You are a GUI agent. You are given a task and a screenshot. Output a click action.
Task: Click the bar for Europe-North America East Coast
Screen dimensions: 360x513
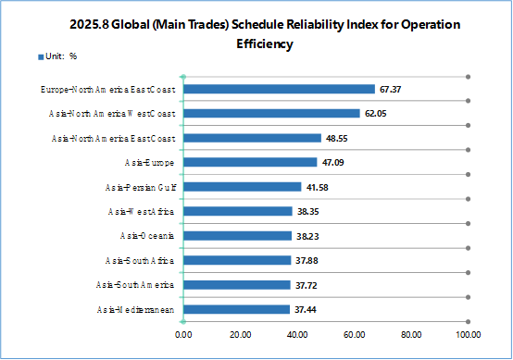pyautogui.click(x=279, y=89)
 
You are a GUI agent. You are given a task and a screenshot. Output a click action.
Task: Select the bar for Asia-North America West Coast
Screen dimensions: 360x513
pyautogui.click(x=271, y=113)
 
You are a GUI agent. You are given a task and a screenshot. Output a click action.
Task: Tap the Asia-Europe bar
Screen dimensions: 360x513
pyautogui.click(x=250, y=162)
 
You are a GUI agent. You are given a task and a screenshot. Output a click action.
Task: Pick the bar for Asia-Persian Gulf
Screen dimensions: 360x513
pyautogui.click(x=243, y=186)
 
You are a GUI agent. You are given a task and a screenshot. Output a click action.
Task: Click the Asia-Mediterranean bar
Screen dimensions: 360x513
pyautogui.click(x=236, y=308)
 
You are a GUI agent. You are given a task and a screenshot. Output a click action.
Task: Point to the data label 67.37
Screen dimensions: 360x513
pyautogui.click(x=393, y=89)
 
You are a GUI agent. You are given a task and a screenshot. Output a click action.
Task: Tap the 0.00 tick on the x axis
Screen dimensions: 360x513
pyautogui.click(x=183, y=333)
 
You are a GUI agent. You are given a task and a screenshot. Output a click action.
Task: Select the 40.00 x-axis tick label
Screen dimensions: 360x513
pyautogui.click(x=297, y=333)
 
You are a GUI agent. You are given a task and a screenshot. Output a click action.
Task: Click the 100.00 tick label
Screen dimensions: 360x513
pyautogui.click(x=468, y=333)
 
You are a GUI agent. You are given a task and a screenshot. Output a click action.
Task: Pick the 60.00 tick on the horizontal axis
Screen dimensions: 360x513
pyautogui.click(x=355, y=333)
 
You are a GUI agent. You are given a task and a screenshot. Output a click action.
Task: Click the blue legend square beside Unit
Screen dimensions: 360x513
pyautogui.click(x=40, y=56)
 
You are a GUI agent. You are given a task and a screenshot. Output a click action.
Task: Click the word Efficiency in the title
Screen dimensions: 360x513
pyautogui.click(x=256, y=43)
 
